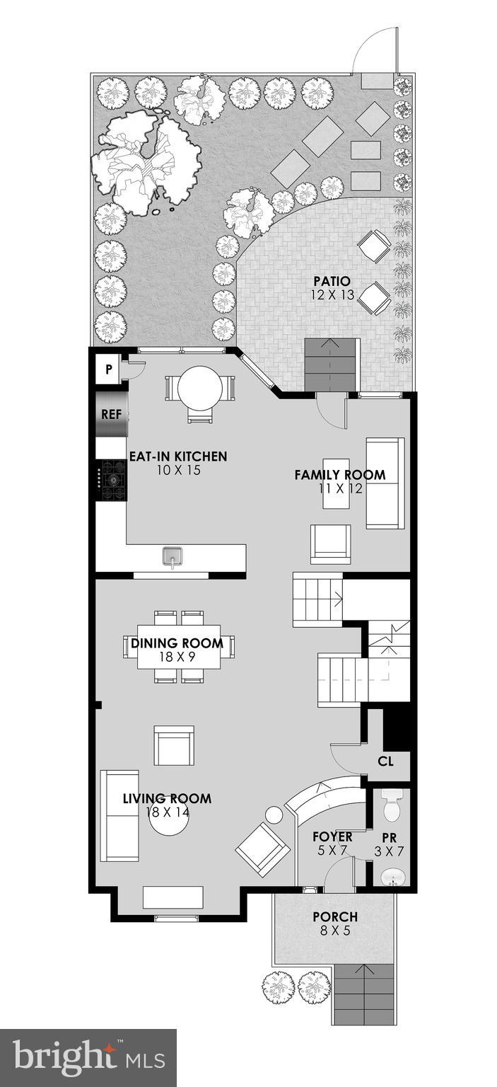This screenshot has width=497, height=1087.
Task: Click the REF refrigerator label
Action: [111, 414]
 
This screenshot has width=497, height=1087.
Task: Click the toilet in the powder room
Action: [391, 804]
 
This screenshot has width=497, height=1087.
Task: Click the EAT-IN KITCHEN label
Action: [177, 456]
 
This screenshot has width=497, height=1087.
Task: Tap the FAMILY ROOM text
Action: [340, 475]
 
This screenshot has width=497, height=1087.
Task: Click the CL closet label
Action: [385, 761]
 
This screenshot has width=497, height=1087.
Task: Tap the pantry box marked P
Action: [109, 369]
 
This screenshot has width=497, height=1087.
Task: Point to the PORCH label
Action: [336, 917]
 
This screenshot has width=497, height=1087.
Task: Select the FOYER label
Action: [332, 837]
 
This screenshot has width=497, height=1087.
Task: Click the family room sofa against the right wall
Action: [385, 483]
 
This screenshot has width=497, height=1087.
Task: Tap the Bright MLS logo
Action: [88, 1058]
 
